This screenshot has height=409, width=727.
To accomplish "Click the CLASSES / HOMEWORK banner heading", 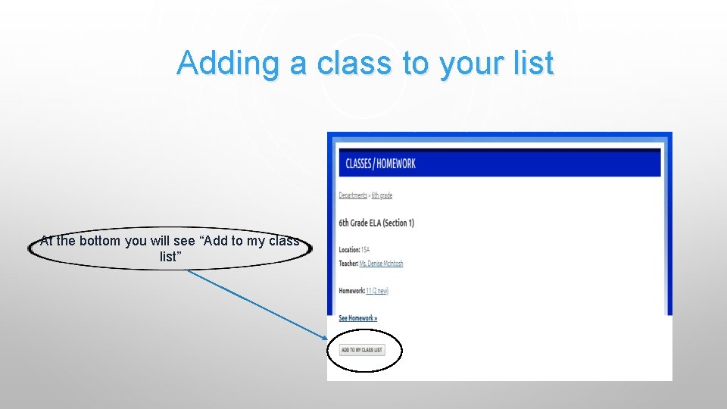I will (x=380, y=163).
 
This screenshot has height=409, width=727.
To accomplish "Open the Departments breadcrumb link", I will (x=353, y=195).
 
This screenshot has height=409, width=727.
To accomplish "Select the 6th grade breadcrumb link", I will (x=382, y=195).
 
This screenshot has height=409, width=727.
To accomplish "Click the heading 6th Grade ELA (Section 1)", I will (x=376, y=223).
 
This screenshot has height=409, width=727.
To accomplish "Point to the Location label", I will (x=349, y=249).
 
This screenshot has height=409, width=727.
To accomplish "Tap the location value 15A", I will (x=365, y=249).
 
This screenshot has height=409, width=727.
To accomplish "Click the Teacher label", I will (x=348, y=264).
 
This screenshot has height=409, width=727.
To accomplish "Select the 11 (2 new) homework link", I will (x=377, y=291).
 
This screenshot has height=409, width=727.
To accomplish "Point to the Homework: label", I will (x=351, y=291).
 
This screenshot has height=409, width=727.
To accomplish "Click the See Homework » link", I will (x=357, y=318).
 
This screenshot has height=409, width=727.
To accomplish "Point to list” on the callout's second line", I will (x=170, y=257).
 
